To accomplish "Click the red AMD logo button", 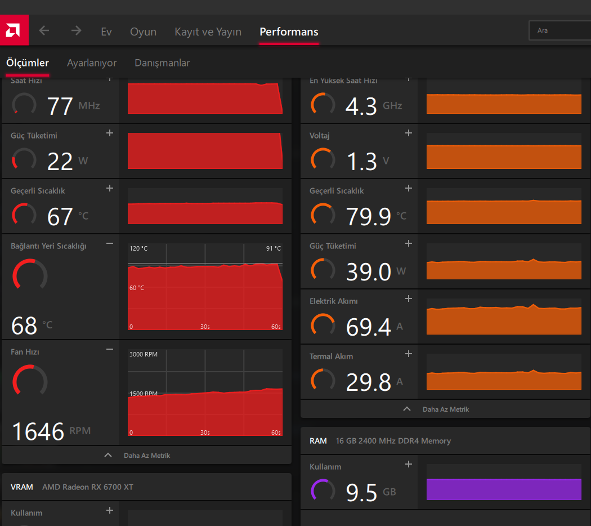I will point(14,30).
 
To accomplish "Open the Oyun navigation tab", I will point(143,32).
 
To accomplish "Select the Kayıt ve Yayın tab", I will point(208,32).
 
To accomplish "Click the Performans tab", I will point(289,32).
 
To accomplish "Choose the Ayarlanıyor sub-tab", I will point(92,63).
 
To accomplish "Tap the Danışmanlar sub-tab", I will point(162,63).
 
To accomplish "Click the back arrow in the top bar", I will point(44,31).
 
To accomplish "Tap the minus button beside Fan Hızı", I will point(110,350).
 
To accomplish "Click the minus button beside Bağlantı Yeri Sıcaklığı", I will point(110,244).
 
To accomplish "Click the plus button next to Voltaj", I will point(409,133).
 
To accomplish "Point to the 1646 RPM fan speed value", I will point(38,431).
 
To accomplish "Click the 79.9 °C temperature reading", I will point(369,216).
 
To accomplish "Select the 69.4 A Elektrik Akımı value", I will point(369,327).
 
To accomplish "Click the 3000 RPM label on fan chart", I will point(144,354).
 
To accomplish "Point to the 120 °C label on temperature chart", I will point(138,248).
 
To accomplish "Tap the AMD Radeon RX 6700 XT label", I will point(88,487).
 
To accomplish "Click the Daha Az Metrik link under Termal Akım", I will point(445,409).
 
